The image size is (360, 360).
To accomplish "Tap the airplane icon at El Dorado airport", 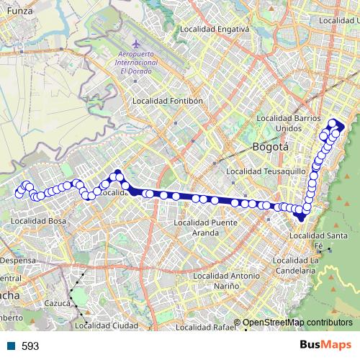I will click(117, 51).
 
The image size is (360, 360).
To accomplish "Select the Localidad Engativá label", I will click(214, 30).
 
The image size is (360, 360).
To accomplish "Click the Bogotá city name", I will click(271, 147).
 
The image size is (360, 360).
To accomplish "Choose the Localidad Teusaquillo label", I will click(264, 172).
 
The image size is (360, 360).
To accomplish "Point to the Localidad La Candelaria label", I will click(315, 265).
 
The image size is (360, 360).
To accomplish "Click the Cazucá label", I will click(57, 304).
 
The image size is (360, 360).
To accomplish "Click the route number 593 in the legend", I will click(30, 346).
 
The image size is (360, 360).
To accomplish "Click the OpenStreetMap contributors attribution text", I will click(297, 323).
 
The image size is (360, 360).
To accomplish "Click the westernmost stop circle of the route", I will click(19, 193).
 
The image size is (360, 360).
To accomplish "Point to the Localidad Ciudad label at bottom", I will click(107, 326).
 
